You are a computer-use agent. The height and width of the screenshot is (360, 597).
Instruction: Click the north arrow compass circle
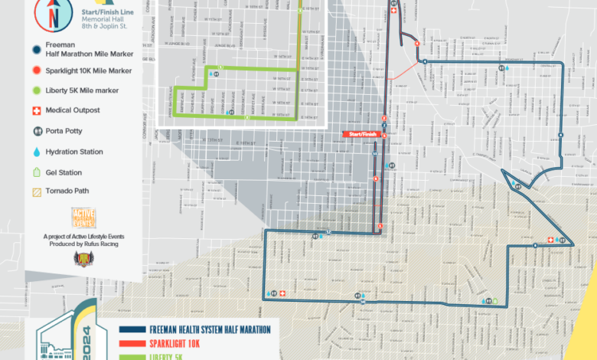[x=52, y=13]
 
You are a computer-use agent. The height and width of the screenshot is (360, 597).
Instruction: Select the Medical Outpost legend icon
[x=36, y=110]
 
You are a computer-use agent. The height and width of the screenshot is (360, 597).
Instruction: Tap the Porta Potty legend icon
[x=36, y=131]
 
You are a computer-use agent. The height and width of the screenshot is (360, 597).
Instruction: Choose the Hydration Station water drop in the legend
[x=36, y=152]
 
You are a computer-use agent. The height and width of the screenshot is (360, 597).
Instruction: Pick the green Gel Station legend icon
[x=36, y=172]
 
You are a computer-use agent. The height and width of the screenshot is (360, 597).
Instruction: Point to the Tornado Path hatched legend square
[x=36, y=193]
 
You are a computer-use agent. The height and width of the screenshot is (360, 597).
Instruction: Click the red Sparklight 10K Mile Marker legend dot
[x=36, y=70]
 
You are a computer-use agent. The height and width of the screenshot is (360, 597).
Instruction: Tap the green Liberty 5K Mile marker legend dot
[x=36, y=90]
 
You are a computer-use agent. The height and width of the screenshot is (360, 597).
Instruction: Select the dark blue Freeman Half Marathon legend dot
[x=36, y=49]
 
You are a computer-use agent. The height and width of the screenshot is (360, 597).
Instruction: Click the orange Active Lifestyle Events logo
[x=83, y=218]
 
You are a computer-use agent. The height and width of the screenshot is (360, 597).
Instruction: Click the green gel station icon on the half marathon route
[x=494, y=301]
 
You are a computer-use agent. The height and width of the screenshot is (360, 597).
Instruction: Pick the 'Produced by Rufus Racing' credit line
[x=83, y=244]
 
